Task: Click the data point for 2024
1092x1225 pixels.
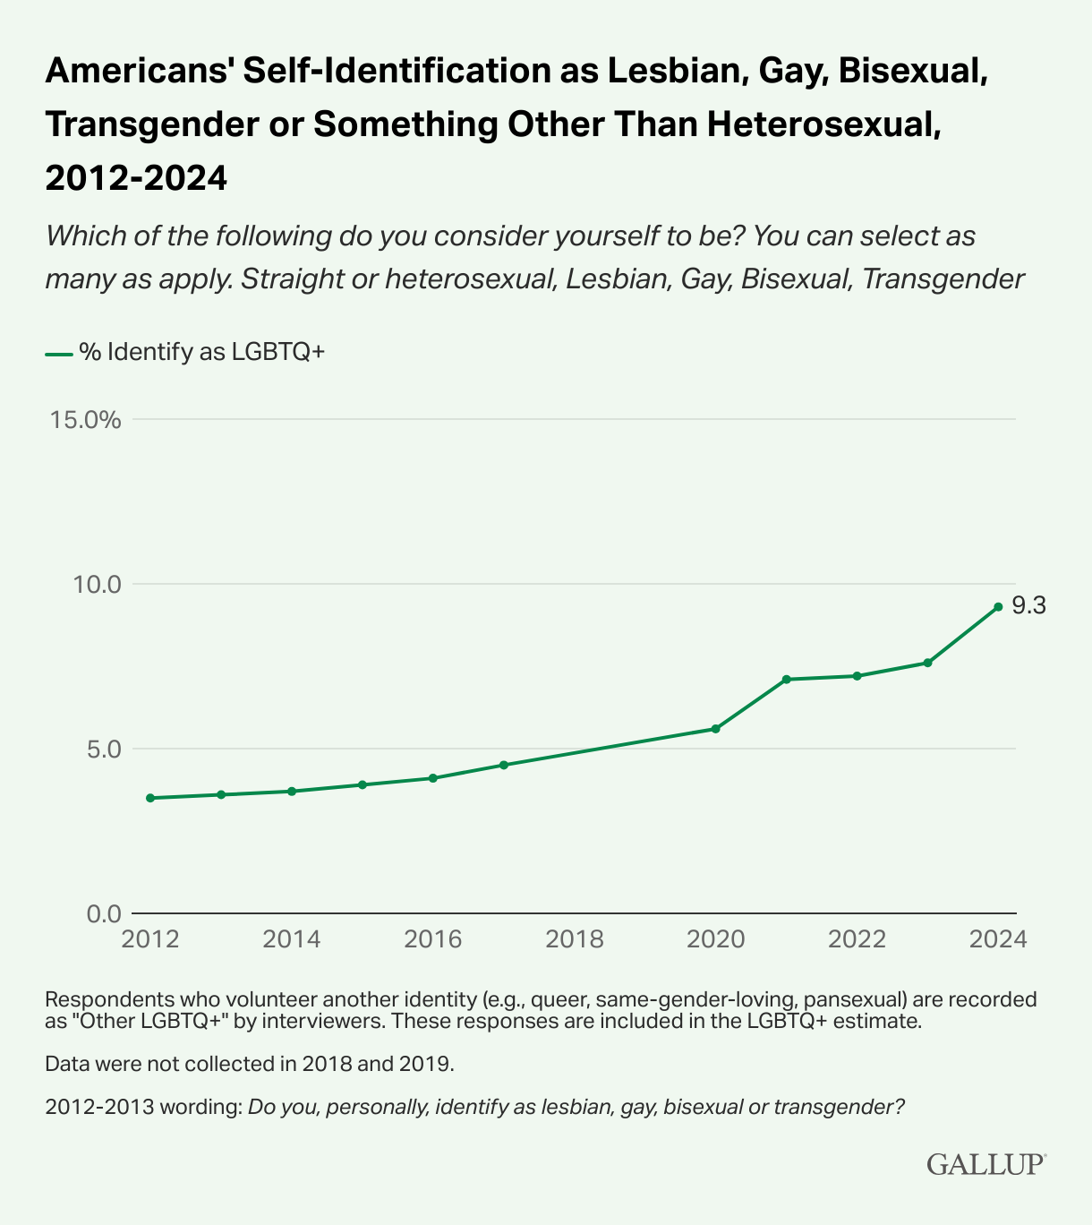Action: tap(998, 606)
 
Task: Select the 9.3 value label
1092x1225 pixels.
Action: tap(1028, 606)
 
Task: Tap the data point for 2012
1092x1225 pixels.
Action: tap(149, 798)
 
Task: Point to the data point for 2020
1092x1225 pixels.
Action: tap(715, 729)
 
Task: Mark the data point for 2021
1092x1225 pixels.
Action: tap(786, 680)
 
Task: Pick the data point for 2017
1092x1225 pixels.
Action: tap(503, 765)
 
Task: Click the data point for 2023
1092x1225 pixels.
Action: tap(927, 663)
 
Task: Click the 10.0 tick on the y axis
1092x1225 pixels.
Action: tap(97, 584)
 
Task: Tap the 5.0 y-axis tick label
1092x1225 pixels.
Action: tap(102, 749)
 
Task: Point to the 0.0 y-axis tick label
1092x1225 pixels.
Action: tap(102, 913)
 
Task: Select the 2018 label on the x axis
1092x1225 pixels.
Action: tap(575, 939)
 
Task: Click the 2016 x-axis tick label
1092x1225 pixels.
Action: tap(433, 939)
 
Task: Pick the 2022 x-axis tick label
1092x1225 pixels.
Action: tap(857, 939)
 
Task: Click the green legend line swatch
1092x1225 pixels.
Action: tap(58, 354)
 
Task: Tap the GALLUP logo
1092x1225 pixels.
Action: tap(985, 1163)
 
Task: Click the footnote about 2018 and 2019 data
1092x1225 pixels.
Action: tap(250, 1064)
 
